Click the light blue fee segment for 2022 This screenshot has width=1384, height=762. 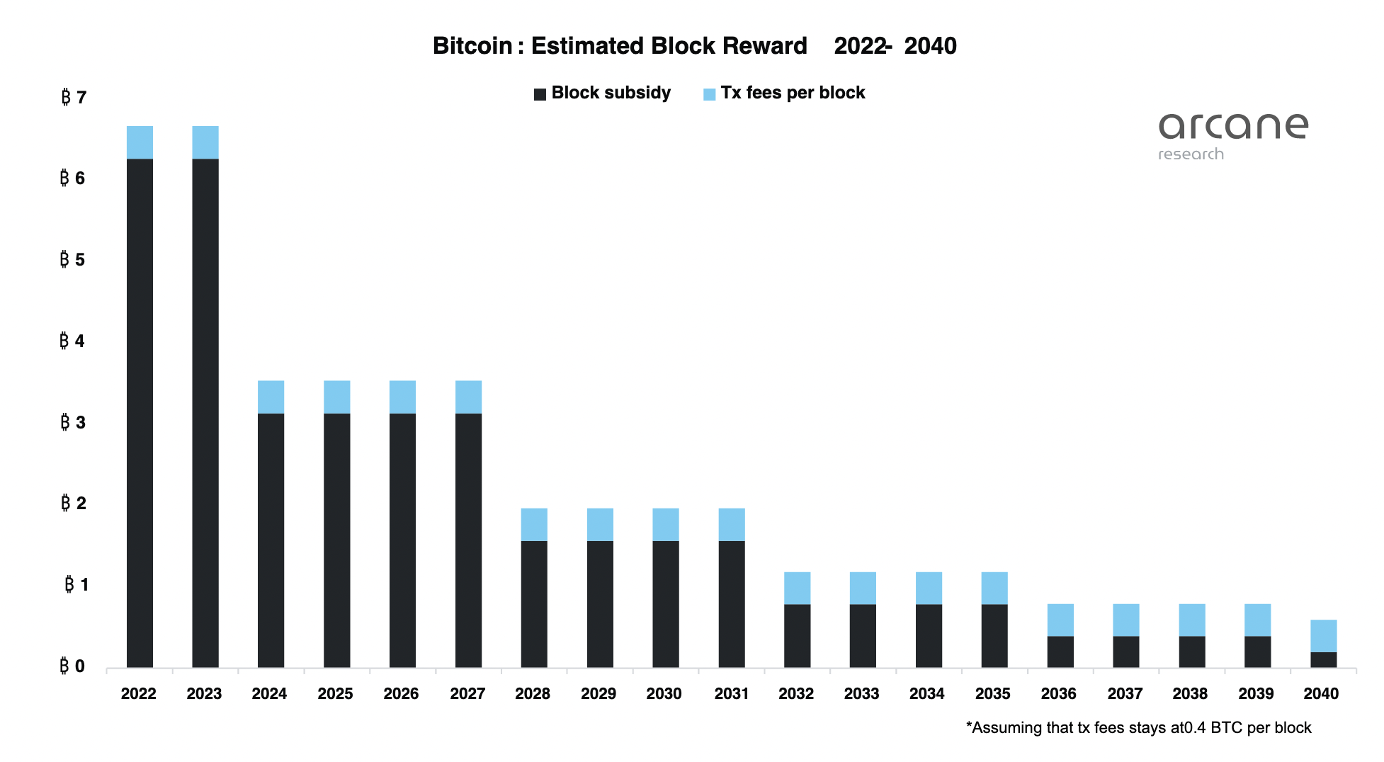[140, 142]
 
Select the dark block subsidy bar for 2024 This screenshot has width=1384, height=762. [271, 540]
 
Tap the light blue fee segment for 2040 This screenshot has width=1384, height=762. [1323, 635]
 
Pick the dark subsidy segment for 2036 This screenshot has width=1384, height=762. [1060, 652]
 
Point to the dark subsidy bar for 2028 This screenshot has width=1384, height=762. [534, 603]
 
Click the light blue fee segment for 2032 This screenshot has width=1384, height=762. [797, 588]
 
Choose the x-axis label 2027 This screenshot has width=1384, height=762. [467, 694]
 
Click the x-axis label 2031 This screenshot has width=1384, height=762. [731, 694]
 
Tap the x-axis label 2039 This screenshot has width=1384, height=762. [1256, 694]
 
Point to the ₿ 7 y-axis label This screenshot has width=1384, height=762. [74, 97]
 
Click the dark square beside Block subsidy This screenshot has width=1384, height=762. [540, 94]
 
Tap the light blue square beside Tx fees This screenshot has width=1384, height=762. [709, 94]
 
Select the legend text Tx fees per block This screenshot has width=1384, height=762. [793, 93]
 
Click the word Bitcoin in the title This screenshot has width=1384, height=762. [472, 46]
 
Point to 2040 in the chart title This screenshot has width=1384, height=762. [930, 46]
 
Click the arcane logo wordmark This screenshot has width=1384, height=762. [1233, 126]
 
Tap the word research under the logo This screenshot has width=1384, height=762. [1191, 154]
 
